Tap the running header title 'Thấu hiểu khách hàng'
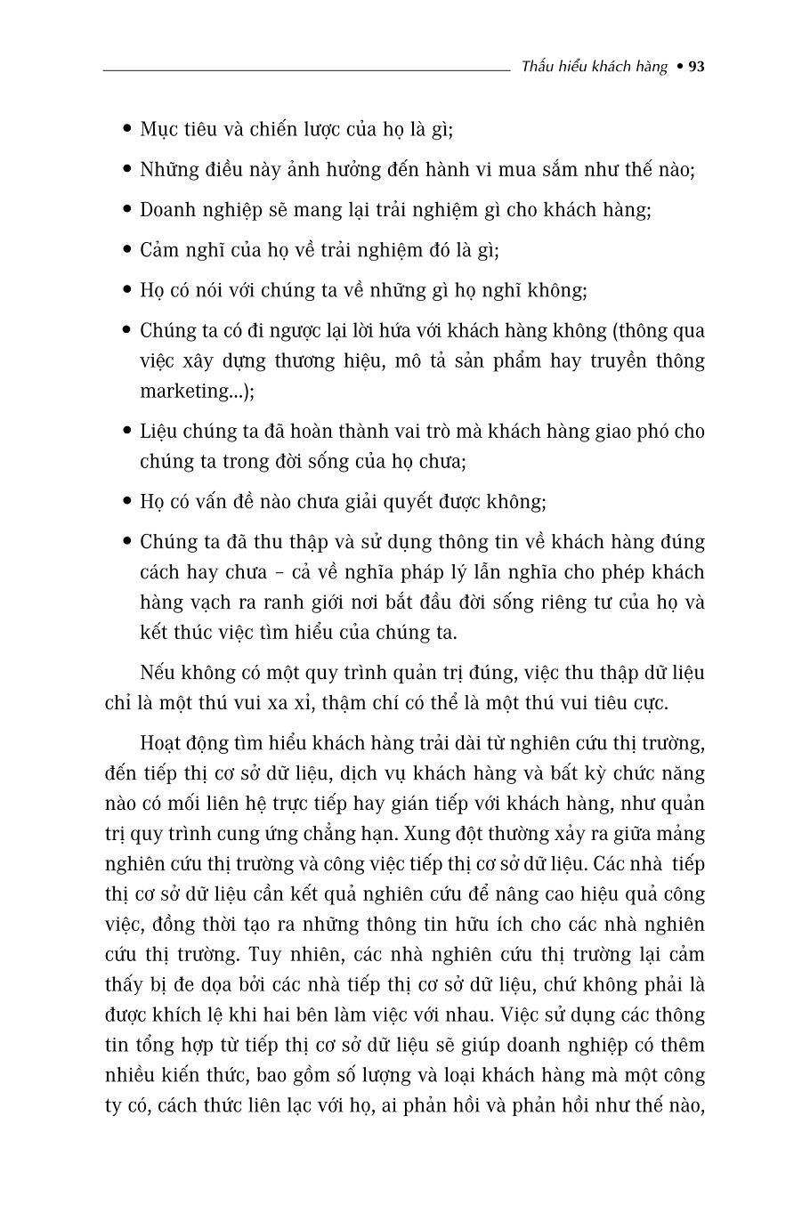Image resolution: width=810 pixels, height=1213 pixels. tap(594, 67)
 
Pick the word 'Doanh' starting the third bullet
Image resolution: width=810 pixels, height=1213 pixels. tap(165, 210)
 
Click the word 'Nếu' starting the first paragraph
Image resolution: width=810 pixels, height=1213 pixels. tap(157, 672)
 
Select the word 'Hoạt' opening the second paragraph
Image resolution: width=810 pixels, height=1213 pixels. tap(161, 743)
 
